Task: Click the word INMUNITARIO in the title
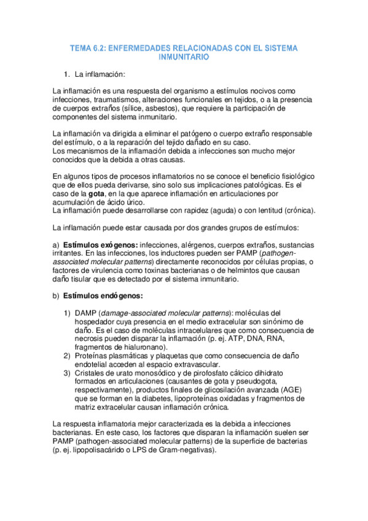tap(184, 57)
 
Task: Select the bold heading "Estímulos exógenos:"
tap(100, 244)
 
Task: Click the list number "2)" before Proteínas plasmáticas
tap(68, 356)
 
